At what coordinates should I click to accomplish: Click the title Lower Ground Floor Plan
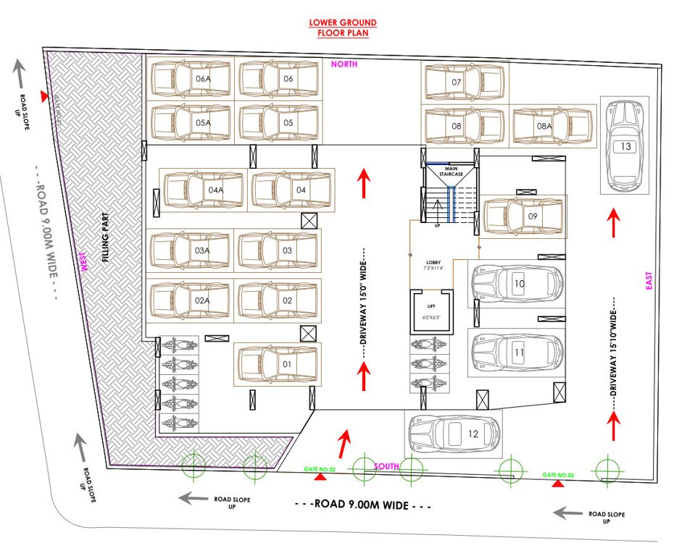[343, 28]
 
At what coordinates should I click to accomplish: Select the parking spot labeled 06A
[191, 79]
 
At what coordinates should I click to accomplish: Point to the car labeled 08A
[554, 126]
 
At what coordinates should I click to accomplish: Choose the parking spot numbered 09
[524, 216]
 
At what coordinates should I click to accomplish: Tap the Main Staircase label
[450, 171]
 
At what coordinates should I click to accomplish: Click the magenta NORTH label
[344, 64]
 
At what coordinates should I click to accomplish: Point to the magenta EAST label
[649, 281]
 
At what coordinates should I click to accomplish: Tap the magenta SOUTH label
[386, 466]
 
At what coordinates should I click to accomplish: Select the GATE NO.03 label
[558, 475]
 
